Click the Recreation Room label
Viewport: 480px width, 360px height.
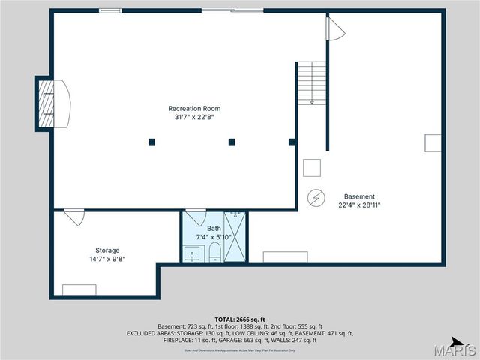194,108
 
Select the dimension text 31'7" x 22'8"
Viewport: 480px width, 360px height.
194,117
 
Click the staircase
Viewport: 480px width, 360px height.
311,83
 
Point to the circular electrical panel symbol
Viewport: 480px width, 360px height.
317,197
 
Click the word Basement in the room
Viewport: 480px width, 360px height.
359,196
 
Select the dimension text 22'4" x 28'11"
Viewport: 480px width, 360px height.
359,205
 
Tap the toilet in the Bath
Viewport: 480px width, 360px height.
214,251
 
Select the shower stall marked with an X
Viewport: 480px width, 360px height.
235,238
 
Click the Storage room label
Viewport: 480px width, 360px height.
107,250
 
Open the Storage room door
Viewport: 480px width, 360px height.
73,217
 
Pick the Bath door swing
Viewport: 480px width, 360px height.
196,217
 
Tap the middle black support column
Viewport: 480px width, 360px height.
232,141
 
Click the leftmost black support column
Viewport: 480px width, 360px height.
151,141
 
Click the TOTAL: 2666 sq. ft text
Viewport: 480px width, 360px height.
239,319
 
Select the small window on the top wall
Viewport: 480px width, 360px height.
110,10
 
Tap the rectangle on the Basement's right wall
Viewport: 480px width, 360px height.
433,143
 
